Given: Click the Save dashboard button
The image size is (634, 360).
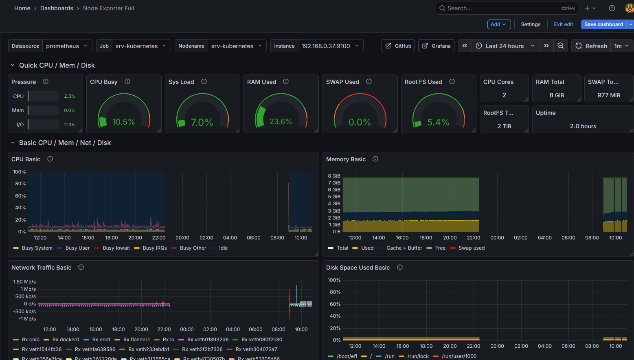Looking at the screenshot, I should [603, 24].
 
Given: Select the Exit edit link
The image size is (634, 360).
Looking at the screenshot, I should [563, 24].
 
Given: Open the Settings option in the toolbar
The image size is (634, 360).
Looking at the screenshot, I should [531, 24].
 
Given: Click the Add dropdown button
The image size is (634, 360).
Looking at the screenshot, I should [499, 24].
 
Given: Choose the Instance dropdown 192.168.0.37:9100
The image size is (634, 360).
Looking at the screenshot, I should [330, 46].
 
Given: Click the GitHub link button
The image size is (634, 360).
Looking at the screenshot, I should [398, 46].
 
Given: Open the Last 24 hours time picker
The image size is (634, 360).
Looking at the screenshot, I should [505, 46].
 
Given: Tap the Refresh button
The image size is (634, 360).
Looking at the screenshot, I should [591, 46].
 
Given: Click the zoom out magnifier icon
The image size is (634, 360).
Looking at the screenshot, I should [561, 46].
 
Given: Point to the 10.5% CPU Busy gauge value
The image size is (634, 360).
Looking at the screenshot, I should [123, 122].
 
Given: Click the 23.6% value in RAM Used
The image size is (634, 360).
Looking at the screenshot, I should [281, 122].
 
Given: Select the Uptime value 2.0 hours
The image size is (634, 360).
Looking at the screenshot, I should [583, 126].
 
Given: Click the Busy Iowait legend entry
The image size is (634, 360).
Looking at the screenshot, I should [116, 248].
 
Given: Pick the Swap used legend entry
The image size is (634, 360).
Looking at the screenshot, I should [471, 248].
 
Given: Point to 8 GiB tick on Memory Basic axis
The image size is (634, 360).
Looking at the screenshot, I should [334, 176].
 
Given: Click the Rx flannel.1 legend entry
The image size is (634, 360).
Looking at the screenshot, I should [136, 340].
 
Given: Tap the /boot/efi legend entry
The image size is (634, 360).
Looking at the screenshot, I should [347, 356].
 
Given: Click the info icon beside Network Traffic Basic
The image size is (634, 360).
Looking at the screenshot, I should [81, 268].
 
